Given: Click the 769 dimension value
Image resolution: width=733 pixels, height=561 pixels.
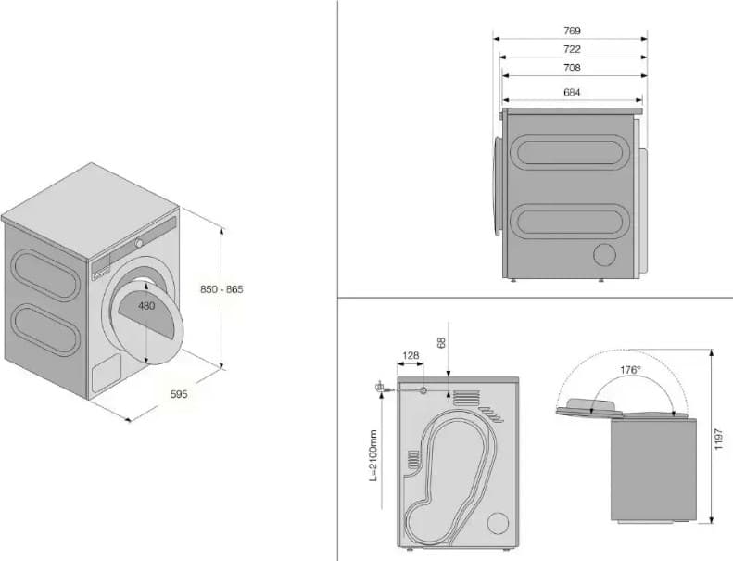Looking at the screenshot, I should (x=572, y=31).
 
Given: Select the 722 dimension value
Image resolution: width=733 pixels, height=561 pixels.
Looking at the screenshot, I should (x=572, y=50).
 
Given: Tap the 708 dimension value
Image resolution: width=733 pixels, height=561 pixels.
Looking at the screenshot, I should (x=572, y=69).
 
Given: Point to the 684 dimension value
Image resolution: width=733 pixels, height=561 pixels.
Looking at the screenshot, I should (x=572, y=91).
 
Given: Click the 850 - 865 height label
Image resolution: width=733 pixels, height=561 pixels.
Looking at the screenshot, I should (x=221, y=289).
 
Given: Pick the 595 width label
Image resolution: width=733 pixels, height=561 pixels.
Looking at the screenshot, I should (x=179, y=394).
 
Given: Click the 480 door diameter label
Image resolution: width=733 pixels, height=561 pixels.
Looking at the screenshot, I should (x=146, y=305).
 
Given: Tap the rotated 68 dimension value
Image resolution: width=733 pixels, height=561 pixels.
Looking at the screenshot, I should (x=441, y=343).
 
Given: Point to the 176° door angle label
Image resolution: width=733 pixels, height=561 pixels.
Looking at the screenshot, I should (x=630, y=369).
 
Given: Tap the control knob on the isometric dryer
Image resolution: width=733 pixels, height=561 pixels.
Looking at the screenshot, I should (x=138, y=242).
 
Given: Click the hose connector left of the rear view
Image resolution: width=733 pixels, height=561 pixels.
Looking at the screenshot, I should (x=379, y=386).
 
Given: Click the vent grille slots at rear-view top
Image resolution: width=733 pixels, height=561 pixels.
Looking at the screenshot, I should (x=469, y=398).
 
